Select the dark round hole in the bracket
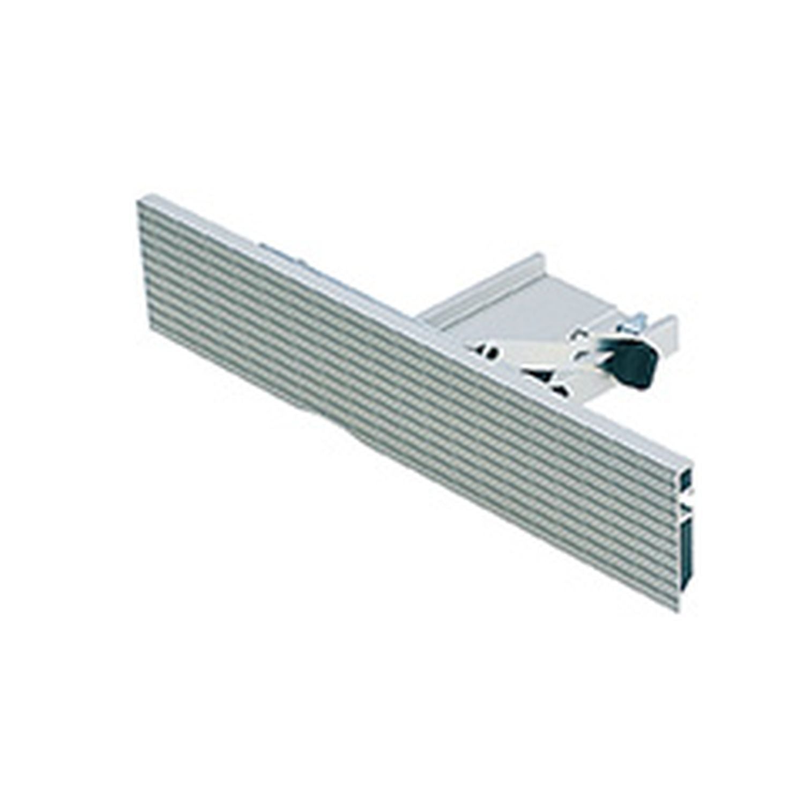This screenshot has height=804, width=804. pyautogui.click(x=488, y=352)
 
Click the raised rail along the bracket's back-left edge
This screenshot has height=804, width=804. pyautogui.click(x=472, y=289)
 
